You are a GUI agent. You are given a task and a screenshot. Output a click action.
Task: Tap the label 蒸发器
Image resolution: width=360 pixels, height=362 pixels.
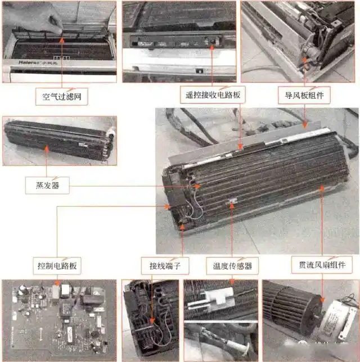pos(47,185)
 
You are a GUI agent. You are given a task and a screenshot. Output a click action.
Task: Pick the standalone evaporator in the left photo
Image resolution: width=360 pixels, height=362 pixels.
pos(59,141)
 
